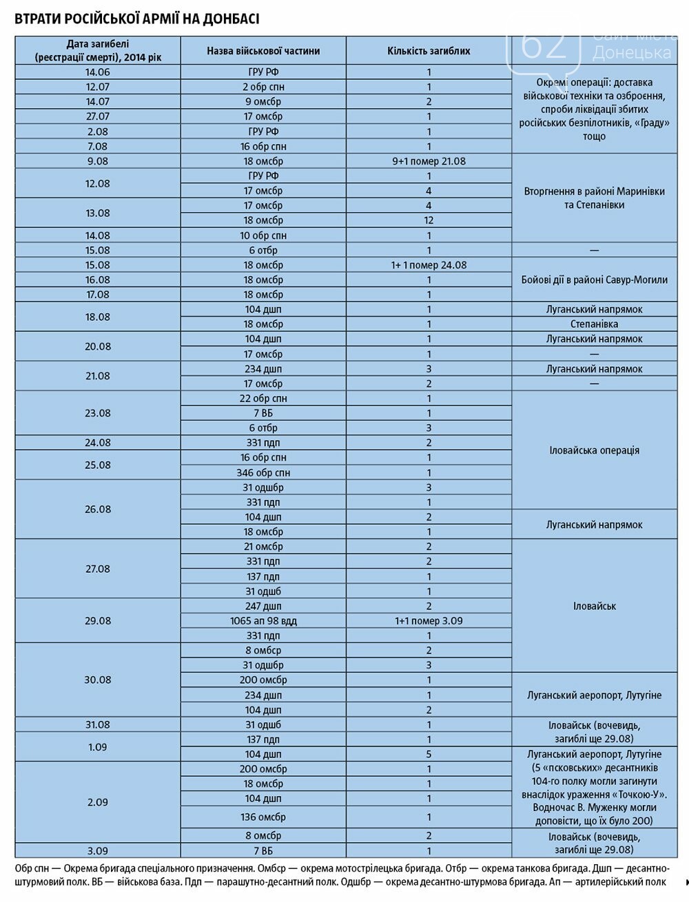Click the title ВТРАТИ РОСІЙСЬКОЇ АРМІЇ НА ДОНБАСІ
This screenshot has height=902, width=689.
pos(137,19)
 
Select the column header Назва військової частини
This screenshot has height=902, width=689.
pos(263,51)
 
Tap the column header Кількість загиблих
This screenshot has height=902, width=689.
pos(429,51)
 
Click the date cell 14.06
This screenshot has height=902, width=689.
pos(98,72)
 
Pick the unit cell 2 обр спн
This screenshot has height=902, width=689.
pos(263,87)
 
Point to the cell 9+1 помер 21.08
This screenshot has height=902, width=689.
pos(429,161)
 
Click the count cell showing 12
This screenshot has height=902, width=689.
pos(429,220)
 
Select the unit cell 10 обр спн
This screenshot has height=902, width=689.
pos(263,235)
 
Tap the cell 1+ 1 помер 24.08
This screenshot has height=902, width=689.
pos(429,265)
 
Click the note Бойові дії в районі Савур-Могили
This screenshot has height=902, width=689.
pos(594,280)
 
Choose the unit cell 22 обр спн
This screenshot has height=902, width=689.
pos(263,398)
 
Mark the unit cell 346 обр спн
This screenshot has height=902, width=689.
pos(263,473)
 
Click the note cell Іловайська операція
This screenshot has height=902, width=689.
pos(594,450)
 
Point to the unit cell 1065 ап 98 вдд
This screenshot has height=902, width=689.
pos(263,620)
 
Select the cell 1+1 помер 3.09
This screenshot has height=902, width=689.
pos(429,620)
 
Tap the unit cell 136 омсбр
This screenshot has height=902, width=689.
pos(263,817)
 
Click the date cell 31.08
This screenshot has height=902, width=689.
pos(98,724)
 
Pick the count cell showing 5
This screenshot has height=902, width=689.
pos(429,754)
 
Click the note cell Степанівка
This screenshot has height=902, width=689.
pos(594,324)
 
